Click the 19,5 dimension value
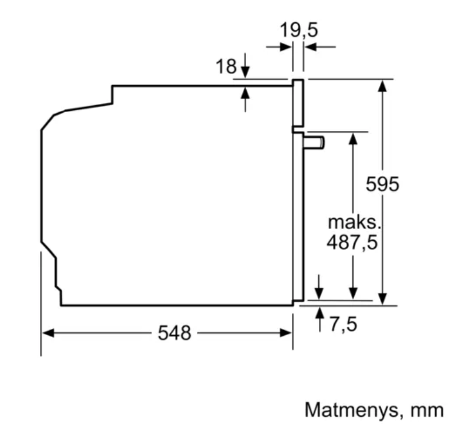pos(299,30)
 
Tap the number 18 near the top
pos(226,66)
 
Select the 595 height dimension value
pos(382,184)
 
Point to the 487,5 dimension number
pos(352,242)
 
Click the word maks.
pos(354,222)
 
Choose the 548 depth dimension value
pos(174,333)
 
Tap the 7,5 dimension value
pos(343,324)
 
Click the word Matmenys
pos(352,410)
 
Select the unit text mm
pos(427,410)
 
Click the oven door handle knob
pos(314,143)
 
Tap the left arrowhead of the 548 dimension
pos(48,333)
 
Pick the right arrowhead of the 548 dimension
pos(286,333)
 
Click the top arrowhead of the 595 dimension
pos(382,86)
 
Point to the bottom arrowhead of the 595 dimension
pos(382,299)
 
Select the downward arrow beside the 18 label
pos(245,65)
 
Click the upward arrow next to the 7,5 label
pos(319,319)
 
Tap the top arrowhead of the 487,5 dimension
pos(353,139)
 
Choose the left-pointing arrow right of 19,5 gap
pos(320,46)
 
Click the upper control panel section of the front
pos(298,103)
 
